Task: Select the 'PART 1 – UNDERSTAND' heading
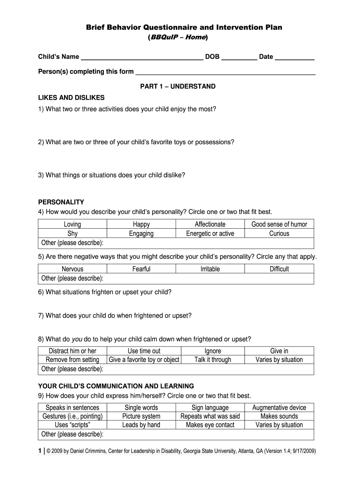coord(178,87)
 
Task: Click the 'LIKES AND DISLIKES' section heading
coord(71,98)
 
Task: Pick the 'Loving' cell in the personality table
coord(72,224)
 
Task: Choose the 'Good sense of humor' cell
coord(279,224)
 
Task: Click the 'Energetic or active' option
coord(210,233)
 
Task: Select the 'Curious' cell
coord(279,233)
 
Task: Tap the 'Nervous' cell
coord(72,269)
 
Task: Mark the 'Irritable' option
coord(210,269)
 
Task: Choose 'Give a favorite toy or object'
coord(144,360)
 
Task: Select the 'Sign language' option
coord(210,407)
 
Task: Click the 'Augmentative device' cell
coord(279,407)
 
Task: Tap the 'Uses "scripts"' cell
coord(72,425)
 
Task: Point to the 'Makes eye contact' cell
coord(210,425)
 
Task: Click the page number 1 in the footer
coord(40,451)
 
